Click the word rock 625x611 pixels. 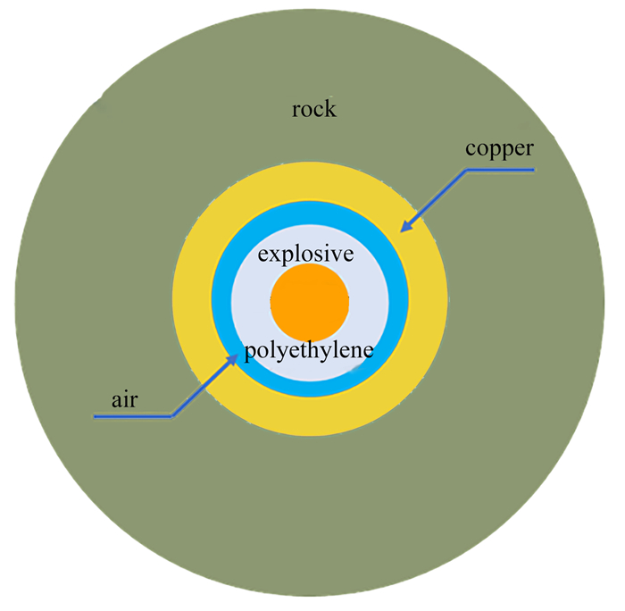tap(314, 109)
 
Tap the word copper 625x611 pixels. tap(499, 147)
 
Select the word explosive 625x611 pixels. tap(305, 255)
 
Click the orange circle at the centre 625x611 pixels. tap(309, 303)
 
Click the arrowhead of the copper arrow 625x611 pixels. tap(404, 229)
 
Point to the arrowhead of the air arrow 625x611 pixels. tap(236, 355)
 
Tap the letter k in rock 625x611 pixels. tap(330, 109)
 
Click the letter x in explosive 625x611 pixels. tap(271, 255)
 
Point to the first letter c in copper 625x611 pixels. tap(470, 147)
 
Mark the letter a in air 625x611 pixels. tap(116, 400)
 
